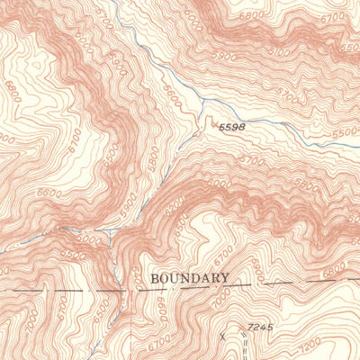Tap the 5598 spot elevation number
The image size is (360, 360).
click(x=231, y=129)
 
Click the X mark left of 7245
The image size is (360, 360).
click(x=223, y=335)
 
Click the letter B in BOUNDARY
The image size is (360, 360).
click(x=156, y=278)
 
